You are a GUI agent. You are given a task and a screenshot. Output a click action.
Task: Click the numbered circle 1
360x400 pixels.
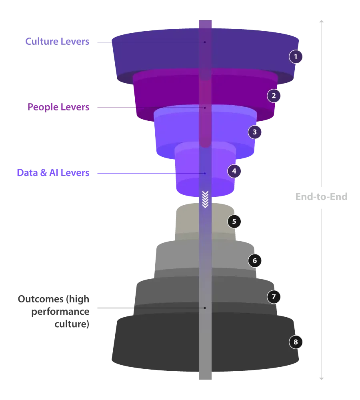296,57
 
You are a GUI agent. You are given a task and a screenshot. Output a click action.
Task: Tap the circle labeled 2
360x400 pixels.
274,96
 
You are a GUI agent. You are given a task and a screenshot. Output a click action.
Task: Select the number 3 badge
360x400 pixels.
255,132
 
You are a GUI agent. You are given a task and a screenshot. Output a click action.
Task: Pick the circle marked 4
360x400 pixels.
234,171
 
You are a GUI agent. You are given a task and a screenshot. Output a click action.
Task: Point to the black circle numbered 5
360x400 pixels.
234,221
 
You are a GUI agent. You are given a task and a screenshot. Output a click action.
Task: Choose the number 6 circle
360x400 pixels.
255,261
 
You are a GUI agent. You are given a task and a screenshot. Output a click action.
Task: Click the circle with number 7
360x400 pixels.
274,297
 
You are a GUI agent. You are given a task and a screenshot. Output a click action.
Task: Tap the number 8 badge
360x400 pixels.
296,342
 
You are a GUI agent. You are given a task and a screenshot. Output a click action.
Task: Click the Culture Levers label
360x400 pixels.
57,41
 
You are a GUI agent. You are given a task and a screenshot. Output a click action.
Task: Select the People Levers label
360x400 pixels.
58,107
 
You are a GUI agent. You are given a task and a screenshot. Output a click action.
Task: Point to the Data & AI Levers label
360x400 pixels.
53,173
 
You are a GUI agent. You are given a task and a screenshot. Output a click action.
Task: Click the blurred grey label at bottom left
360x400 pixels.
53,311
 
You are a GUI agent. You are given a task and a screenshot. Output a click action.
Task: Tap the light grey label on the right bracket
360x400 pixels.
322,197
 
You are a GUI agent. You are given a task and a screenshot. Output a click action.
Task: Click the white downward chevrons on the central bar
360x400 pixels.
205,199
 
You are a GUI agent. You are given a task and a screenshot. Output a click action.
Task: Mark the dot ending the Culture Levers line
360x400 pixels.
205,42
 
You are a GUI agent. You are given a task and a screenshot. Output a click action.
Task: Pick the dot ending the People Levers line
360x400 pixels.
205,108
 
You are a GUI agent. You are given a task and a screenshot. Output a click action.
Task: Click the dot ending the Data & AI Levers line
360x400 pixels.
205,174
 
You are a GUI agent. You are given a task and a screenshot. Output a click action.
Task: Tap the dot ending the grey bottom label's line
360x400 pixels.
205,308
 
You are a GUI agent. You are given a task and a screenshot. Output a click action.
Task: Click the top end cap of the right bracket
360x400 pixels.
322,20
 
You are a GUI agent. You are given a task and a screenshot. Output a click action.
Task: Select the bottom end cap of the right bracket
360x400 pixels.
322,378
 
